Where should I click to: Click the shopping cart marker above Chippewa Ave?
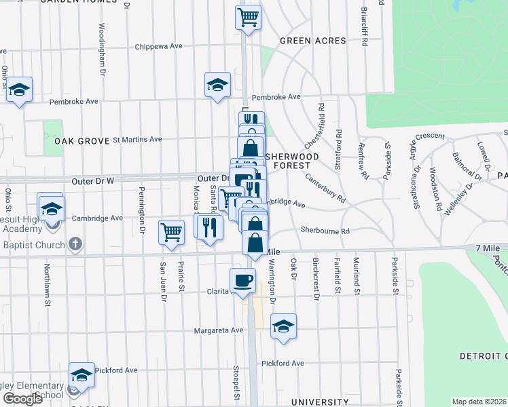point(249,16)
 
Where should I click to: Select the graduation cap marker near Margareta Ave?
point(283,327)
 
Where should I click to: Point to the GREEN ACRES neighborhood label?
point(314,41)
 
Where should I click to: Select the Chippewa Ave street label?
point(159,47)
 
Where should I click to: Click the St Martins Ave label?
point(137,139)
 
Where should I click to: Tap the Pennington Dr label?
point(142,210)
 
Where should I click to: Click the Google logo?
point(22,398)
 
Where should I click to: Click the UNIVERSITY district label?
point(320,402)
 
